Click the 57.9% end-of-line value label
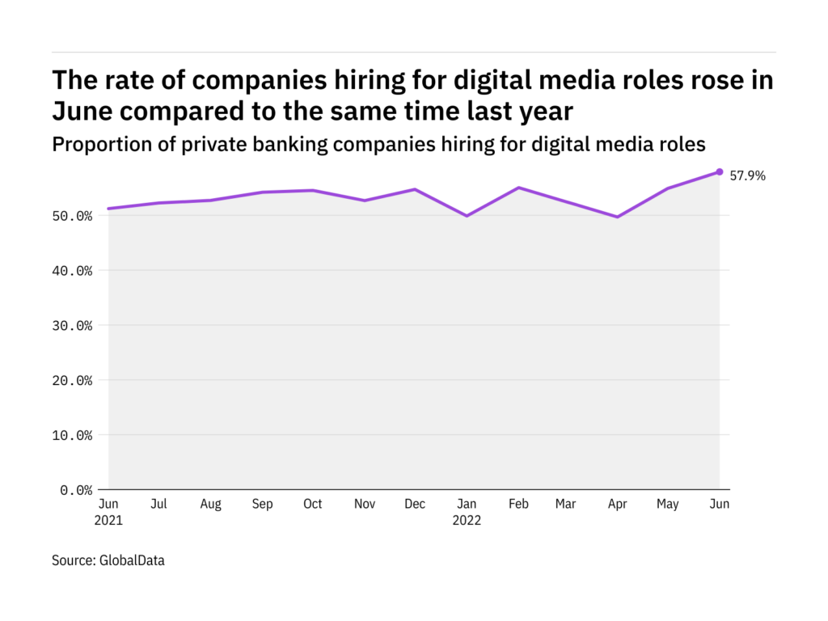pyautogui.click(x=748, y=175)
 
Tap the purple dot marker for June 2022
pyautogui.click(x=720, y=171)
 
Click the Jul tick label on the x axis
pyautogui.click(x=159, y=504)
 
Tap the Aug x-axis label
pyautogui.click(x=210, y=504)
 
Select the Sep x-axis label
pyautogui.click(x=261, y=504)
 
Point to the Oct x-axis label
pyautogui.click(x=312, y=504)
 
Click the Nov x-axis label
pyautogui.click(x=364, y=504)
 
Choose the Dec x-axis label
pyautogui.click(x=415, y=504)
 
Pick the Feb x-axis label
pyautogui.click(x=518, y=504)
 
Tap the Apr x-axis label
pyautogui.click(x=617, y=504)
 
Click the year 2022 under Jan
pyautogui.click(x=466, y=521)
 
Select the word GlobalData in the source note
pyautogui.click(x=131, y=560)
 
